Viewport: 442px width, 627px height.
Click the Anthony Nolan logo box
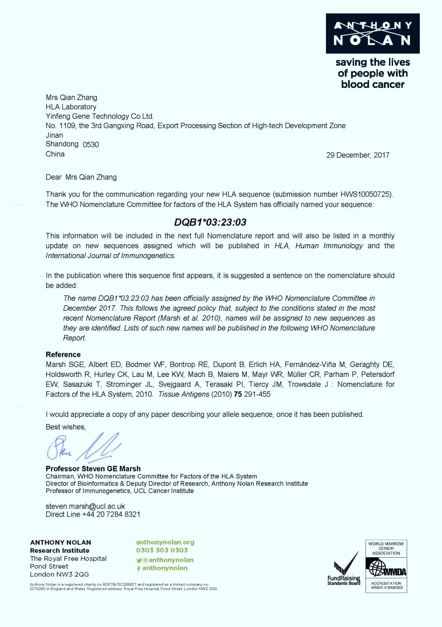(372, 34)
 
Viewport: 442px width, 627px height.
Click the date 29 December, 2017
(358, 155)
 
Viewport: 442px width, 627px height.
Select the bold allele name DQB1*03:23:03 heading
(210, 222)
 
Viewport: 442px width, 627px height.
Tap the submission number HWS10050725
(365, 194)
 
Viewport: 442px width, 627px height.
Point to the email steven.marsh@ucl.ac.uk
(85, 506)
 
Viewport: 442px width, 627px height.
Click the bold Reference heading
(63, 354)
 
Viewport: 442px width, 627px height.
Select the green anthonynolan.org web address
(165, 542)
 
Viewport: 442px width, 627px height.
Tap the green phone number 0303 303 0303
(162, 550)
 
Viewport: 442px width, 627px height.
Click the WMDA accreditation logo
(386, 566)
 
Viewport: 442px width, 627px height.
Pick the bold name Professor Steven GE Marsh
(93, 468)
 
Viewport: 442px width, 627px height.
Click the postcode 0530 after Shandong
(91, 145)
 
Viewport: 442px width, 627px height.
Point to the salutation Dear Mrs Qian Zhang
(81, 177)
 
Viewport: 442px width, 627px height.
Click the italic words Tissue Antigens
(183, 394)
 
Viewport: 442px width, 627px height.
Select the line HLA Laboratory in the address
(71, 107)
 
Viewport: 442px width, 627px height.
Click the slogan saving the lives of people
(372, 73)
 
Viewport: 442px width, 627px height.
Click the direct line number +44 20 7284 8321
(111, 514)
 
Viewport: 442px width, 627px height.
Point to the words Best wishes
(65, 427)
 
